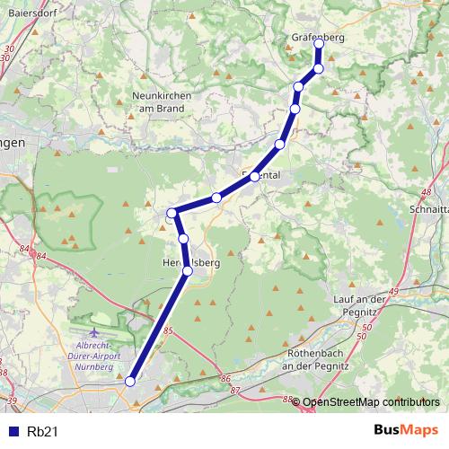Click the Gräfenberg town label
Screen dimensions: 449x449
[x=318, y=37]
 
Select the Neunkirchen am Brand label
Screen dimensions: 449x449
[x=158, y=102]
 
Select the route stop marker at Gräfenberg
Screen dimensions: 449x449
[x=319, y=44]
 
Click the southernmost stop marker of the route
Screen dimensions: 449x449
[x=130, y=382]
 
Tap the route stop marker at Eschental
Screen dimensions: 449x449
[x=255, y=177]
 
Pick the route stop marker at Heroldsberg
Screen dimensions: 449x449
[x=188, y=270]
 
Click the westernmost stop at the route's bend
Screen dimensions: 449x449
[x=172, y=213]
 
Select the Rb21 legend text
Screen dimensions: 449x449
[x=44, y=431]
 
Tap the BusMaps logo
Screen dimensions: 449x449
[x=407, y=431]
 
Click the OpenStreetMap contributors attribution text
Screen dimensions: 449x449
[x=371, y=403]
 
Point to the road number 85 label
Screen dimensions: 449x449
[x=168, y=331]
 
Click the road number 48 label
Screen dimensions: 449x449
[x=427, y=192]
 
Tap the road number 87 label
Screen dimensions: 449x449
[x=235, y=391]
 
